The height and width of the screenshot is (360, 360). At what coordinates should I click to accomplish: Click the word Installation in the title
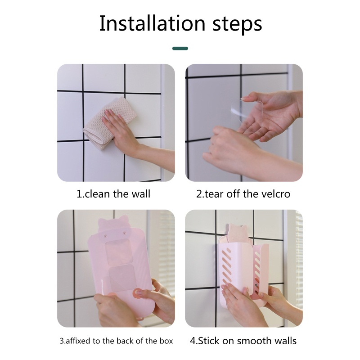pyautogui.click(x=152, y=23)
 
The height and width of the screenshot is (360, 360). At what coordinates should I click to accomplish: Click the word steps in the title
pyautogui.click(x=237, y=25)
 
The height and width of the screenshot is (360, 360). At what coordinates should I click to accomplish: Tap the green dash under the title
pyautogui.click(x=180, y=49)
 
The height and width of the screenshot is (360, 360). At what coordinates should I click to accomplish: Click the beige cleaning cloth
pyautogui.click(x=109, y=122)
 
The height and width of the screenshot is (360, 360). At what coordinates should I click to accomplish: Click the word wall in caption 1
pyautogui.click(x=141, y=194)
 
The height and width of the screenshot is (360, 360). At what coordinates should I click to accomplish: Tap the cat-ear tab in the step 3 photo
pyautogui.click(x=112, y=225)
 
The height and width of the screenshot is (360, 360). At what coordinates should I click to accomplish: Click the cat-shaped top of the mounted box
pyautogui.click(x=236, y=234)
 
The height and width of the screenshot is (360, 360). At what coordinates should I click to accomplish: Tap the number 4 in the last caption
pyautogui.click(x=193, y=341)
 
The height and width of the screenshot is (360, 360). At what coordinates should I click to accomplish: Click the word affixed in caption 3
pyautogui.click(x=78, y=341)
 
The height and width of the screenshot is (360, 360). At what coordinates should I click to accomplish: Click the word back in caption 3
pyautogui.click(x=126, y=341)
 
